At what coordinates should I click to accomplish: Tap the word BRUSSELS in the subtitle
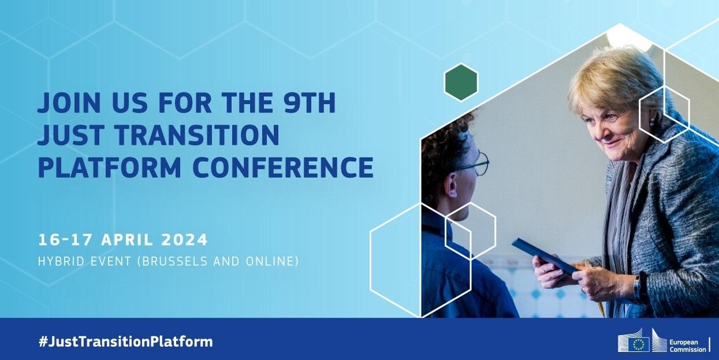[x=180, y=261]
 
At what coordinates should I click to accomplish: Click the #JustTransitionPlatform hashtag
[x=125, y=342]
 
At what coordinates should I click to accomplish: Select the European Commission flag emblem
[x=638, y=344]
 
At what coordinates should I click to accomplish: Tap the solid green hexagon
[x=461, y=81]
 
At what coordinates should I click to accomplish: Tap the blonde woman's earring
[x=652, y=123]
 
